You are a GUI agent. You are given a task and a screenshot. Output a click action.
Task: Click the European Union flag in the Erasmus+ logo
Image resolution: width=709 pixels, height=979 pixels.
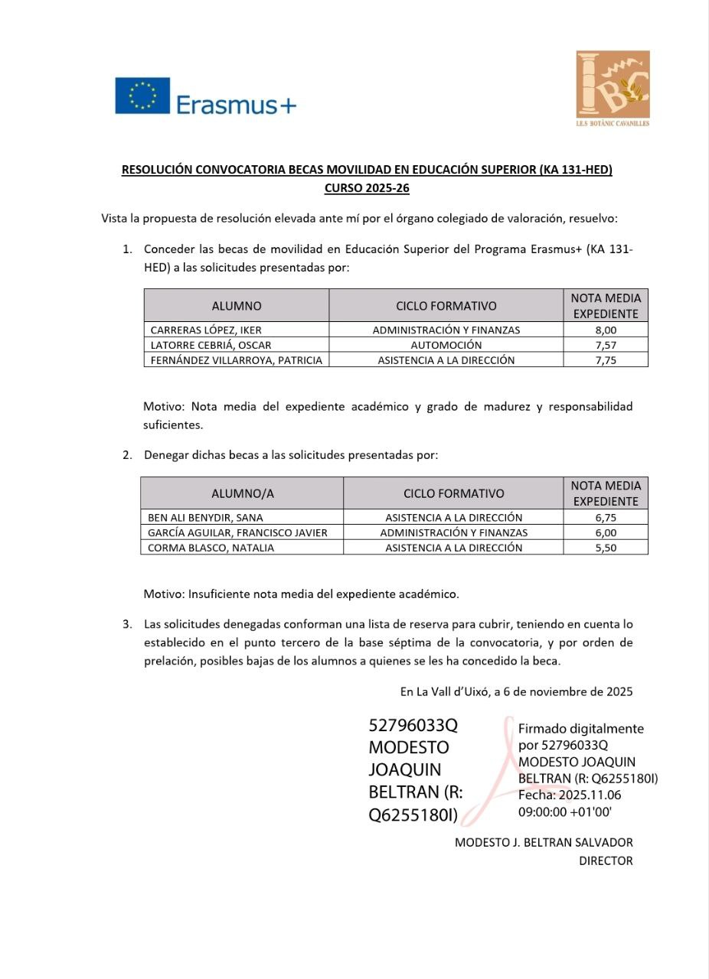(142, 96)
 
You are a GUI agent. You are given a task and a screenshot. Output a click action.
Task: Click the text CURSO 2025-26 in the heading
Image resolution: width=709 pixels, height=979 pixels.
(367, 187)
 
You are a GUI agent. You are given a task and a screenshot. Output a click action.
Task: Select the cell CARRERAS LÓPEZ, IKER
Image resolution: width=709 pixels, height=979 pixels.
(206, 330)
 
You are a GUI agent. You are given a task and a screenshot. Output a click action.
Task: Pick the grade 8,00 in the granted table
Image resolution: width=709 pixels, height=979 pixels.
(606, 330)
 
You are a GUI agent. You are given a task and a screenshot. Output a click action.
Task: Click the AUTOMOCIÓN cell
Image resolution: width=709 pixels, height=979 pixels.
(446, 345)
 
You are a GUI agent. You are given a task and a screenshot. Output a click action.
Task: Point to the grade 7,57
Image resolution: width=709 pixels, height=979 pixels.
(606, 345)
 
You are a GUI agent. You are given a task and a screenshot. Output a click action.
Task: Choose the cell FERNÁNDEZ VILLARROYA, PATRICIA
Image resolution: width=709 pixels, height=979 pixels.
(237, 360)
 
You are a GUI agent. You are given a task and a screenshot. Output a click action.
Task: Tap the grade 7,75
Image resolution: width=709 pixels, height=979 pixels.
(606, 360)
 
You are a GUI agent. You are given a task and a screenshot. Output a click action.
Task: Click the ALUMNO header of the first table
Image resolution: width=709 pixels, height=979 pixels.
(237, 306)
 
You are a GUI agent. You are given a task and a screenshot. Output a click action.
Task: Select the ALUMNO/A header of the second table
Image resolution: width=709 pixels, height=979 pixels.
(242, 493)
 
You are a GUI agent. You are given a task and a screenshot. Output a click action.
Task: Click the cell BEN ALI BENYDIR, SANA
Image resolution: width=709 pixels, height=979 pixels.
(205, 518)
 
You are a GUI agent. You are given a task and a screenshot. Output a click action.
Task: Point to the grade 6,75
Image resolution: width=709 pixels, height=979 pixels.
(606, 518)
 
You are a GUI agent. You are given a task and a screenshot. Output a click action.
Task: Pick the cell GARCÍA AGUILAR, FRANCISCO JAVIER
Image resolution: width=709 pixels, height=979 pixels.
(237, 532)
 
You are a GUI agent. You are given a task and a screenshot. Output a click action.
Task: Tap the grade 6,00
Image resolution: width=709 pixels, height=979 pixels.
(606, 532)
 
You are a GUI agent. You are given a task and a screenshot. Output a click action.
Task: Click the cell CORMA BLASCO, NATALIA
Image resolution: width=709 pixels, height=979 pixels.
(211, 548)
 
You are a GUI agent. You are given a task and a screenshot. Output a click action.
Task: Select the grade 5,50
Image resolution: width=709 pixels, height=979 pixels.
(606, 548)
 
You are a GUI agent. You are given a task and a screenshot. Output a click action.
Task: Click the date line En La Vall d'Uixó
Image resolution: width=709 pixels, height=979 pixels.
(516, 691)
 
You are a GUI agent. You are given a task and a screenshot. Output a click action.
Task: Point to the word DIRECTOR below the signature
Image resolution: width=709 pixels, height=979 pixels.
(606, 861)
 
